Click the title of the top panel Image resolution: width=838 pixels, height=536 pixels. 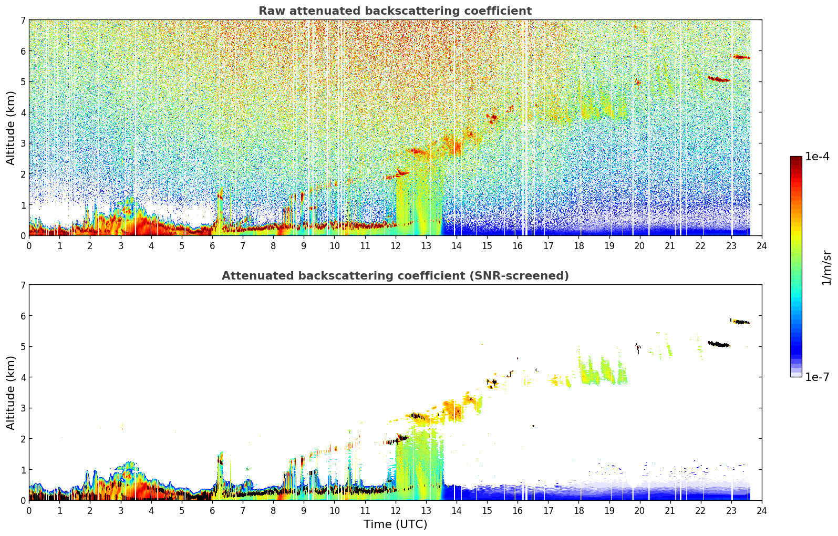pos(395,11)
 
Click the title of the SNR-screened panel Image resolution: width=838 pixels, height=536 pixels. pos(395,275)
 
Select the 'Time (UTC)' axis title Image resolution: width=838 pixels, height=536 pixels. pos(395,524)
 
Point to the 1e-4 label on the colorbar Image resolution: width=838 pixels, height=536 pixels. pos(817,157)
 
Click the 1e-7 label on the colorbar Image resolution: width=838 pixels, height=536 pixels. pos(817,377)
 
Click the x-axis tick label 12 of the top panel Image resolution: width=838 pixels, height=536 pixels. pos(396,246)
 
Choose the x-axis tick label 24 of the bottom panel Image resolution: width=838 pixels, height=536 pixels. pos(762,511)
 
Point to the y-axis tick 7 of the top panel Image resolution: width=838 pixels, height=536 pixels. pos(23,20)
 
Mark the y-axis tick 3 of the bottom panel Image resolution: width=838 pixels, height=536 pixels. pos(23,408)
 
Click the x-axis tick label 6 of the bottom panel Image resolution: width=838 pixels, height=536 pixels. pos(212,511)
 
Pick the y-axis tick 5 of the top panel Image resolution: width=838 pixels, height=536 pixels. pos(23,81)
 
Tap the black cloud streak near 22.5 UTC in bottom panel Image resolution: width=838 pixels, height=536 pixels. pos(719,344)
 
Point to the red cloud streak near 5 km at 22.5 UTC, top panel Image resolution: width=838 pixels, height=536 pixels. pos(719,79)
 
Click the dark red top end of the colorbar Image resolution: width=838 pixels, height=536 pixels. pos(796,159)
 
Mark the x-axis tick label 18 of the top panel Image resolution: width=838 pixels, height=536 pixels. pos(579,246)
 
